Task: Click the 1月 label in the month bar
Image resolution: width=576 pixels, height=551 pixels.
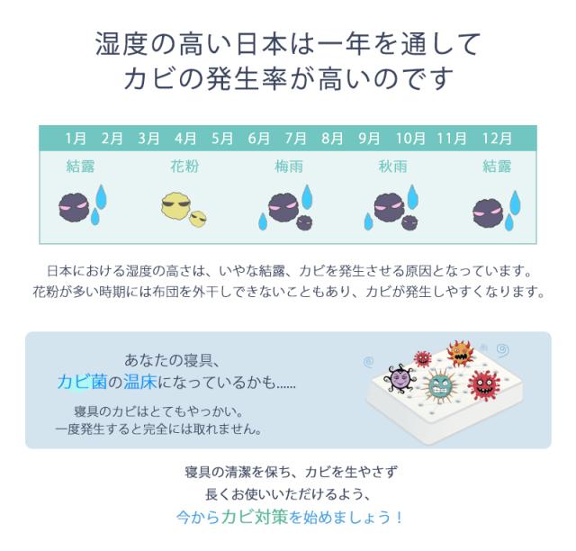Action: click(x=76, y=139)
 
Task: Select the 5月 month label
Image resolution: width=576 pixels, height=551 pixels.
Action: click(x=221, y=139)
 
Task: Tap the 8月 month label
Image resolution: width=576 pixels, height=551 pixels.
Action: click(x=332, y=139)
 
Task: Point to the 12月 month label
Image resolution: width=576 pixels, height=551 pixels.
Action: click(x=497, y=139)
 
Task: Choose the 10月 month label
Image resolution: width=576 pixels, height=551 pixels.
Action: click(x=410, y=139)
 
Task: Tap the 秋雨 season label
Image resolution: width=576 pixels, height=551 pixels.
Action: click(x=392, y=167)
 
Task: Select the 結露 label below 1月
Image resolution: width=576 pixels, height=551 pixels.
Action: click(x=81, y=167)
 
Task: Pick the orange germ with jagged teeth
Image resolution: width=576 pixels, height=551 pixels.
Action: click(x=460, y=353)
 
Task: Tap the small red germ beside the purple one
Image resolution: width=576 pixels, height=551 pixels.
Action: click(x=422, y=359)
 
